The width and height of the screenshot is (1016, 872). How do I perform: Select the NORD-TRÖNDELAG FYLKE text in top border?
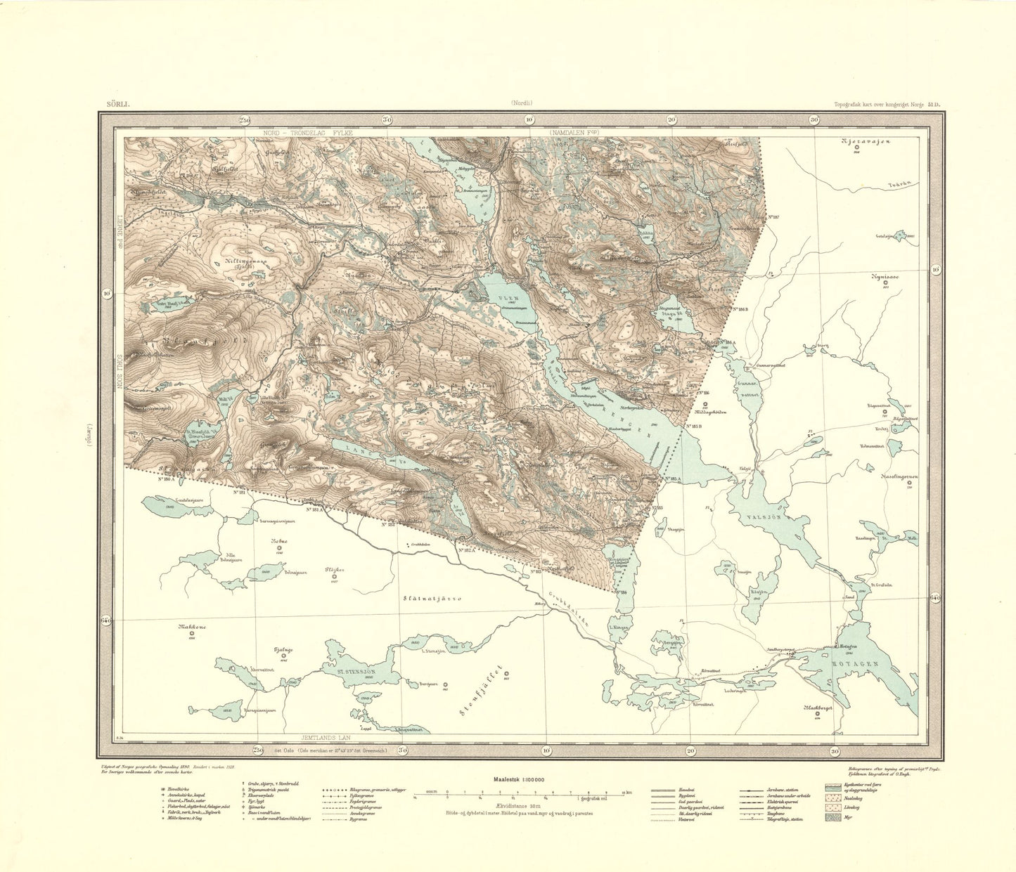pyautogui.click(x=306, y=131)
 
